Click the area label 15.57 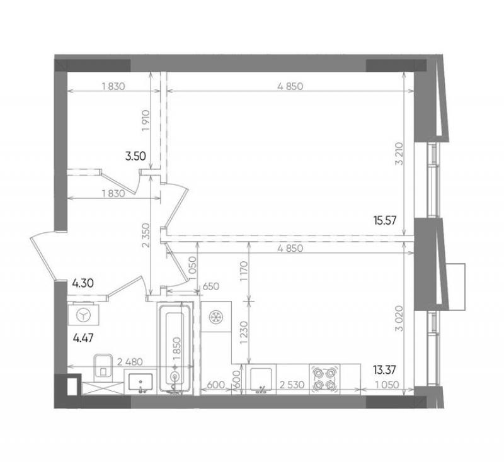(385, 220)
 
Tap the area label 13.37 (384, 370)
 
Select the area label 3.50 (135, 156)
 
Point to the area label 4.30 (83, 283)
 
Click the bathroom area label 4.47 (83, 338)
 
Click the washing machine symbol (84, 315)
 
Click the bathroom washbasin (140, 381)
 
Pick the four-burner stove (324, 379)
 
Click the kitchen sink (261, 379)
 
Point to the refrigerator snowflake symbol (214, 317)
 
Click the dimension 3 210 (400, 154)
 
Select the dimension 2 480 (130, 362)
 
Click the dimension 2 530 (292, 385)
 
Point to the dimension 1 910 (146, 121)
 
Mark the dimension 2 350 (146, 235)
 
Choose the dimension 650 (211, 286)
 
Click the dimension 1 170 (244, 271)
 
